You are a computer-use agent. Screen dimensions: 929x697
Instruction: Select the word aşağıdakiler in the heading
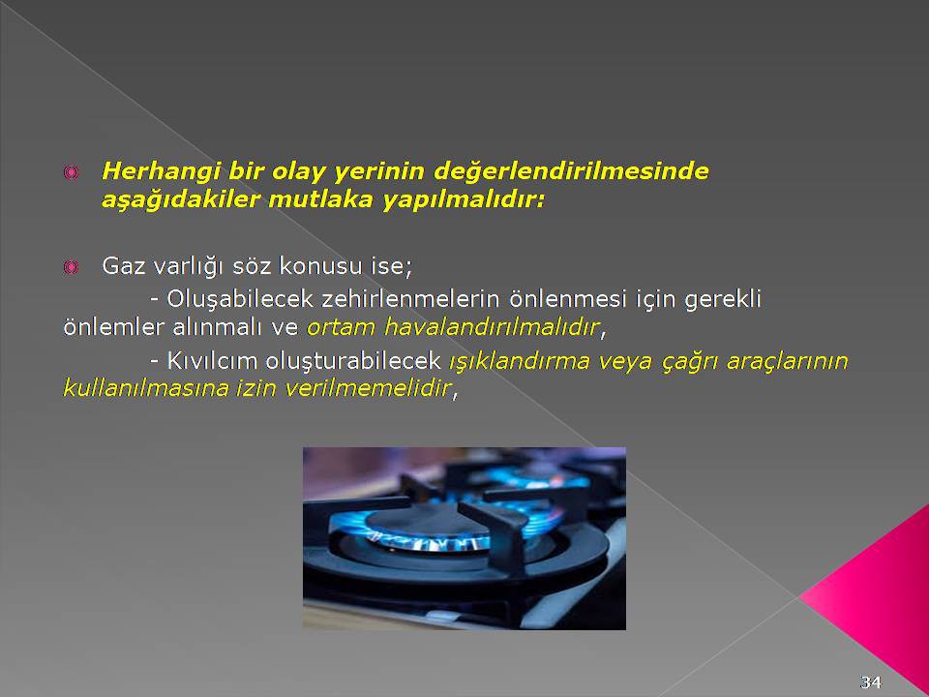click(181, 199)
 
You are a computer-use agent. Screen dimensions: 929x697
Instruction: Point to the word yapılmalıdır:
click(463, 200)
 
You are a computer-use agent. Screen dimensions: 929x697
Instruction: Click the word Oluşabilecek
click(239, 300)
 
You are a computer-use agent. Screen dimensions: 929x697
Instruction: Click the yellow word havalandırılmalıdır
click(492, 326)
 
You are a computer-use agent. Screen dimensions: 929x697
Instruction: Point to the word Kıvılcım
click(211, 361)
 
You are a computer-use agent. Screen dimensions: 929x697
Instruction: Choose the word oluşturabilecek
click(352, 361)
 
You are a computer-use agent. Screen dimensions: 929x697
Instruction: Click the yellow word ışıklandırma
click(519, 361)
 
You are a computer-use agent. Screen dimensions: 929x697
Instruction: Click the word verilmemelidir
click(368, 388)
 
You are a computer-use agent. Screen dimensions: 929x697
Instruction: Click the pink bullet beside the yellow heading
click(71, 172)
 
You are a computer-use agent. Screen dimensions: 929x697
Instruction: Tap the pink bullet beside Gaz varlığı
click(71, 267)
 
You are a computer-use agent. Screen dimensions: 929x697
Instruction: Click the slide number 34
click(870, 682)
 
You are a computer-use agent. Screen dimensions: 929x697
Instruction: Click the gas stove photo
click(464, 538)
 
